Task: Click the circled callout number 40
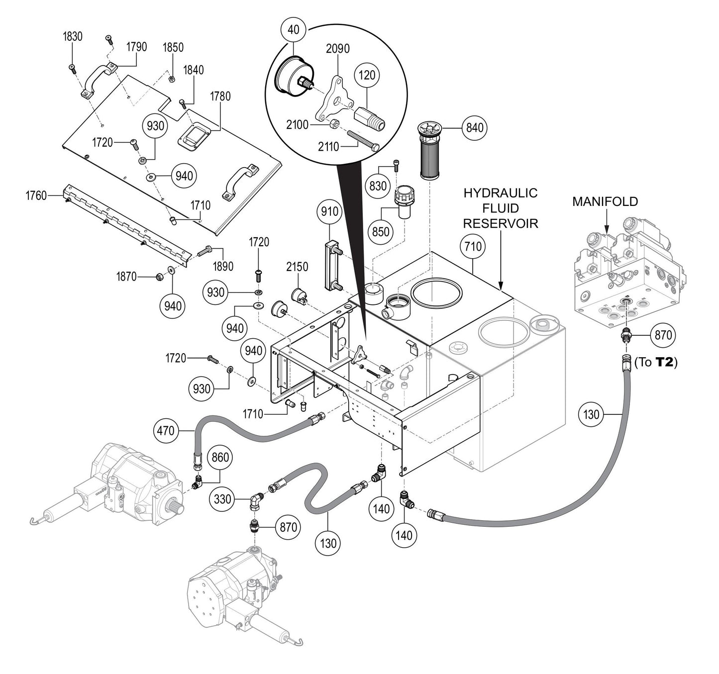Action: tap(294, 29)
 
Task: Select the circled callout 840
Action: tap(475, 128)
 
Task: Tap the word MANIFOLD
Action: tap(605, 201)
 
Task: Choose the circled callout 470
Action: tap(166, 430)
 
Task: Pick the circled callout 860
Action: tap(220, 457)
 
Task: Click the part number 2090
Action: tap(337, 49)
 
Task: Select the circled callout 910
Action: tap(330, 211)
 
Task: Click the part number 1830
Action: tap(73, 36)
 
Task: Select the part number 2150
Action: tap(297, 267)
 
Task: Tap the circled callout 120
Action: tap(367, 75)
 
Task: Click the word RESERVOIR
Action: tap(501, 223)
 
